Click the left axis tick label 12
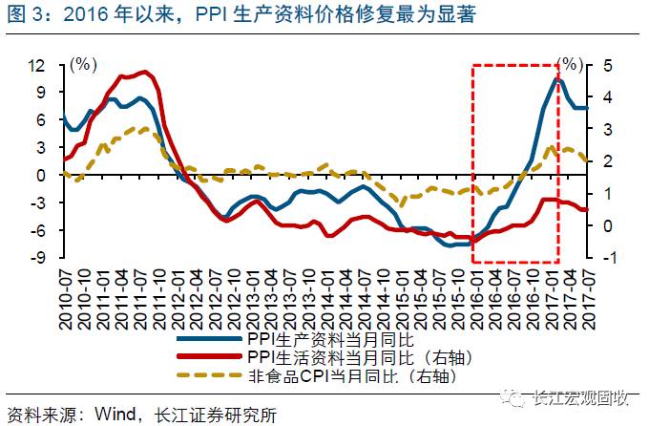[x=39, y=66]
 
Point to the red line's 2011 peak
[x=143, y=71]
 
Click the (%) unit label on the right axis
[x=571, y=64]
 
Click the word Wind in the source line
[x=111, y=413]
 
